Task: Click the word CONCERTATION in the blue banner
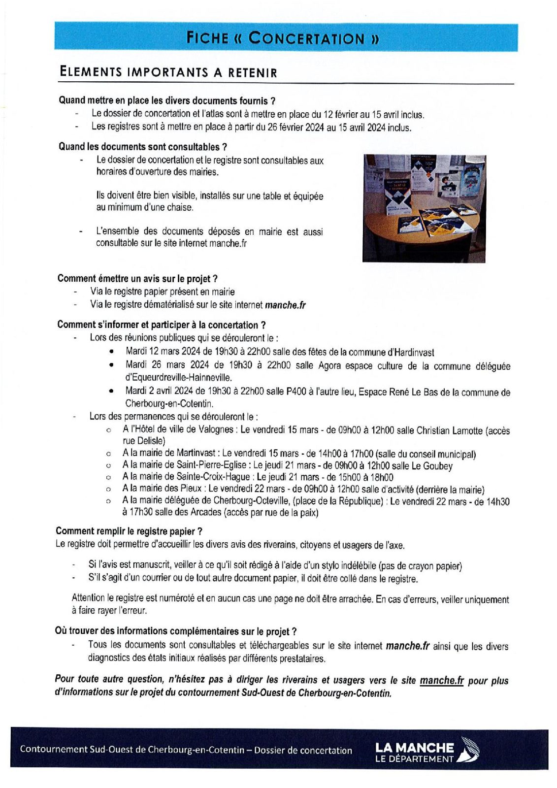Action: (306, 38)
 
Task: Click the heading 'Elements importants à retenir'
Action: (168, 72)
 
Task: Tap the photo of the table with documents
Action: (424, 208)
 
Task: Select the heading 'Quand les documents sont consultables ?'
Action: (142, 147)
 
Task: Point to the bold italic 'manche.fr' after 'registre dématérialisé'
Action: (285, 305)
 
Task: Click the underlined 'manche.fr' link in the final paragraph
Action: (441, 680)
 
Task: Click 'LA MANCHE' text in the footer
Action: (414, 747)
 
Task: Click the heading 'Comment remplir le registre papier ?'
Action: (129, 531)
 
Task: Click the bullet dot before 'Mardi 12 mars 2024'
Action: (112, 352)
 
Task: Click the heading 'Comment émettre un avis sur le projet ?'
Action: (137, 279)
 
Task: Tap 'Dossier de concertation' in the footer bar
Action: (303, 750)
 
